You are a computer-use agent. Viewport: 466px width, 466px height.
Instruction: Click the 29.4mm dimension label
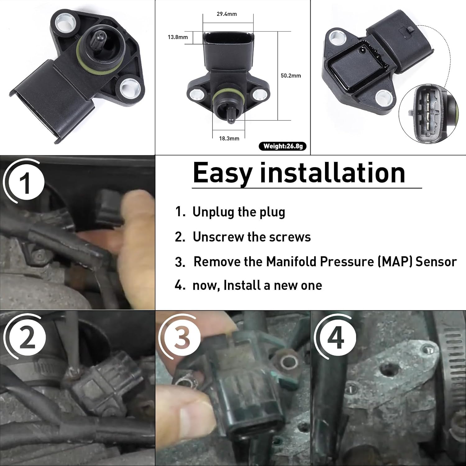(227, 14)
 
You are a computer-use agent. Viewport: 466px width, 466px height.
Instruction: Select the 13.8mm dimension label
(178, 37)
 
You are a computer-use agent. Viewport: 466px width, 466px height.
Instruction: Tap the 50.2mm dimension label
(291, 76)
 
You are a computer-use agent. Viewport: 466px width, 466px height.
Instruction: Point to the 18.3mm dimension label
(229, 139)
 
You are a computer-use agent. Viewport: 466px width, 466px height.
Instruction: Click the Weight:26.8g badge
(283, 146)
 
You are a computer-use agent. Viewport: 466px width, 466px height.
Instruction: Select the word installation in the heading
(332, 173)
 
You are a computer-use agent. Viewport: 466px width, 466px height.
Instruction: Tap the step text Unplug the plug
(239, 212)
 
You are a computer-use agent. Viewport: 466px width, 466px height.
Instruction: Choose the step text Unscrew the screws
(252, 237)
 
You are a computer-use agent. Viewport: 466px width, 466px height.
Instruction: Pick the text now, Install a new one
(257, 285)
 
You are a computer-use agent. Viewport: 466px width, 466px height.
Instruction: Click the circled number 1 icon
(25, 183)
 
